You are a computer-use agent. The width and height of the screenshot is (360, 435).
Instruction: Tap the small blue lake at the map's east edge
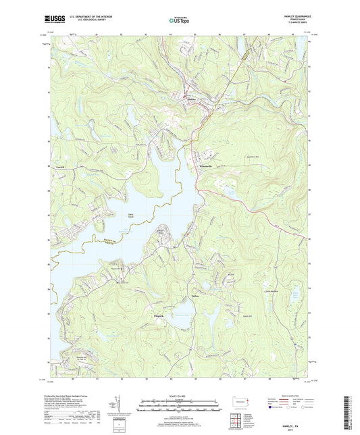point(296,293)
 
